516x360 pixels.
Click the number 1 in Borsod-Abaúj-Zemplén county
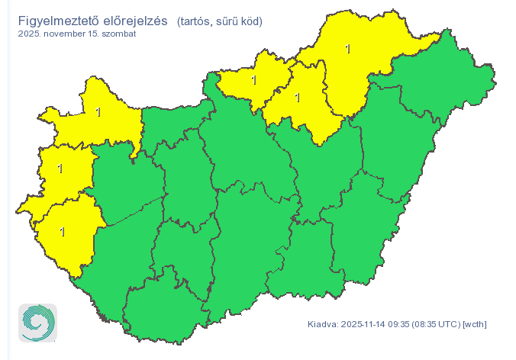point(347,49)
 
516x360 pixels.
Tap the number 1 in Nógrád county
point(253,79)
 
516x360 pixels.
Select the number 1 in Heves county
point(297,97)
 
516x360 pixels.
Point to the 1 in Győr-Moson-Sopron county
point(98,112)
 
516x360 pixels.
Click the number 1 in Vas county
point(60,168)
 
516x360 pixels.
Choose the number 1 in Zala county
point(62,231)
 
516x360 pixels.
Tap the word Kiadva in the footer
point(322,324)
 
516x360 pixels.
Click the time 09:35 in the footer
point(399,324)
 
